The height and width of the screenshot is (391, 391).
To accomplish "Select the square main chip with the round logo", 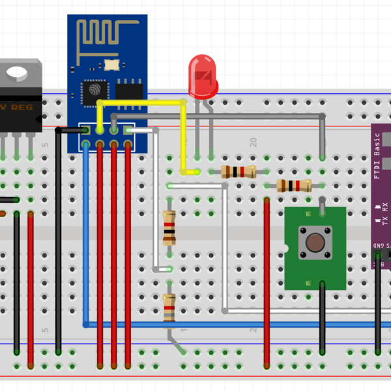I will (93, 91).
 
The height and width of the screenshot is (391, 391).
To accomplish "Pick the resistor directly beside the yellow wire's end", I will (238, 171).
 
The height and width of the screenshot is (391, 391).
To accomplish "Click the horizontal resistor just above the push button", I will (293, 186).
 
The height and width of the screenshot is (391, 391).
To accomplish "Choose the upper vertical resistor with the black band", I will (169, 228).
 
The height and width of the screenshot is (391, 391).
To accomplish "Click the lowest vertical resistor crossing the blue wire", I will (169, 308).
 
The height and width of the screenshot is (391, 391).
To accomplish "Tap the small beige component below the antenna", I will (111, 64).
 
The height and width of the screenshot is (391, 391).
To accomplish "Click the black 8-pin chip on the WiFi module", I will (130, 91).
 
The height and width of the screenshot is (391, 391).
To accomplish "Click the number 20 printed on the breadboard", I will (253, 142).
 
